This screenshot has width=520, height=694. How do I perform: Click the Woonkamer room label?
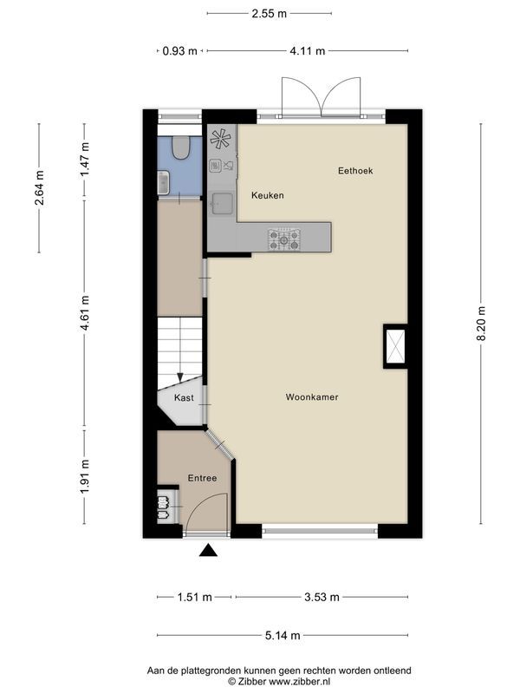point(311,397)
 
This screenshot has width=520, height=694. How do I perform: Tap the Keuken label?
point(268,196)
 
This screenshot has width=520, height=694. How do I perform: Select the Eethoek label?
point(355,171)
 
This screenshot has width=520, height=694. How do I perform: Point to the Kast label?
point(183,398)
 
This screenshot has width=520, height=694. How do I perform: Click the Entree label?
point(201,478)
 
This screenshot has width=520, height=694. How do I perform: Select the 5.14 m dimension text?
point(283,636)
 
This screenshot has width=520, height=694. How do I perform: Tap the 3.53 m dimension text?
point(322,597)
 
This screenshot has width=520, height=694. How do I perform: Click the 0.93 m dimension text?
point(179,51)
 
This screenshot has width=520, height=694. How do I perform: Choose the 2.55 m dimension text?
point(269,13)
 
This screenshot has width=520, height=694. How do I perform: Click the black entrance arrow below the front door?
point(207,550)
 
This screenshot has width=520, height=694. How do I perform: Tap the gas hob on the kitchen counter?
point(284,239)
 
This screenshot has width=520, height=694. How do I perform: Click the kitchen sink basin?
point(222,203)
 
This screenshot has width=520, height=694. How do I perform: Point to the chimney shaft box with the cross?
point(395,346)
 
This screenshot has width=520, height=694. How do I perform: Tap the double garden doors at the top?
point(321,96)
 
